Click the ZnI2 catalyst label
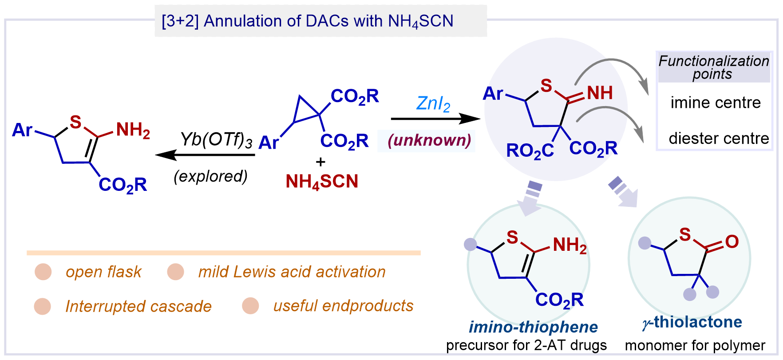click(433, 104)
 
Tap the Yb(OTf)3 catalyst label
click(216, 140)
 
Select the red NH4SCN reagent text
click(322, 182)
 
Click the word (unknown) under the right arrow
click(429, 140)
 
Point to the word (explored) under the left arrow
click(211, 177)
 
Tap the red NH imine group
click(600, 93)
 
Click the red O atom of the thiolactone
click(732, 242)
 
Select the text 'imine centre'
click(716, 103)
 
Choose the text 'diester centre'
click(719, 138)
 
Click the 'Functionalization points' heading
click(713, 67)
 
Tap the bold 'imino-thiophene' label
click(533, 327)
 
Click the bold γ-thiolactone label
click(692, 322)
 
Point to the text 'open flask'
click(103, 272)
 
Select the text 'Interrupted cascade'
click(138, 306)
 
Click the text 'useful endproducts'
click(343, 306)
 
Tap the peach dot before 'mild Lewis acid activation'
click(175, 272)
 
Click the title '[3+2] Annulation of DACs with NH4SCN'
click(307, 21)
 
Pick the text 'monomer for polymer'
click(695, 345)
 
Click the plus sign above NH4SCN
click(320, 162)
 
